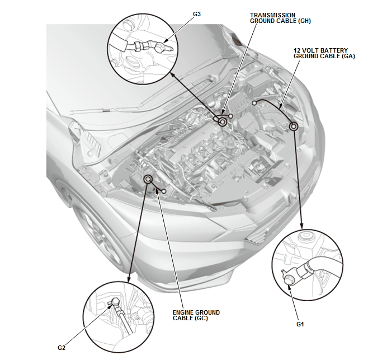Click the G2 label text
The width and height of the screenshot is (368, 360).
pos(61,348)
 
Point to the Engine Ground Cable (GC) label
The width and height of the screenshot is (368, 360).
pos(196,316)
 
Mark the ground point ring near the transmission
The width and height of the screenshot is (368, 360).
pos(223,121)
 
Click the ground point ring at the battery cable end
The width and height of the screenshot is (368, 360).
pos(293,127)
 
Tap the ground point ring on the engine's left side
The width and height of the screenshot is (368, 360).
pos(148,179)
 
